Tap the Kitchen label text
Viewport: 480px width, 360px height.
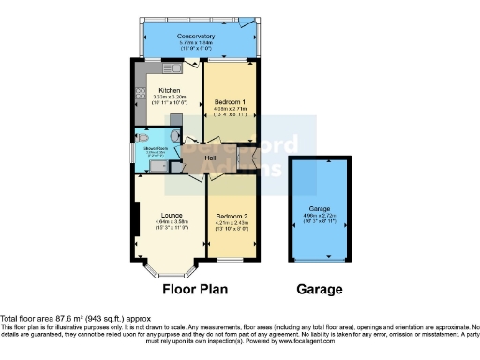169,91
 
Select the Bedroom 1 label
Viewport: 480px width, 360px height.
230,100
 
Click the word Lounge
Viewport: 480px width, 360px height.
169,215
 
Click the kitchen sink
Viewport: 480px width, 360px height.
172,68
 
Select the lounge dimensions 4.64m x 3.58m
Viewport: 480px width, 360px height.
169,221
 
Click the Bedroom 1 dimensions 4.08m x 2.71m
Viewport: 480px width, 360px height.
230,107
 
